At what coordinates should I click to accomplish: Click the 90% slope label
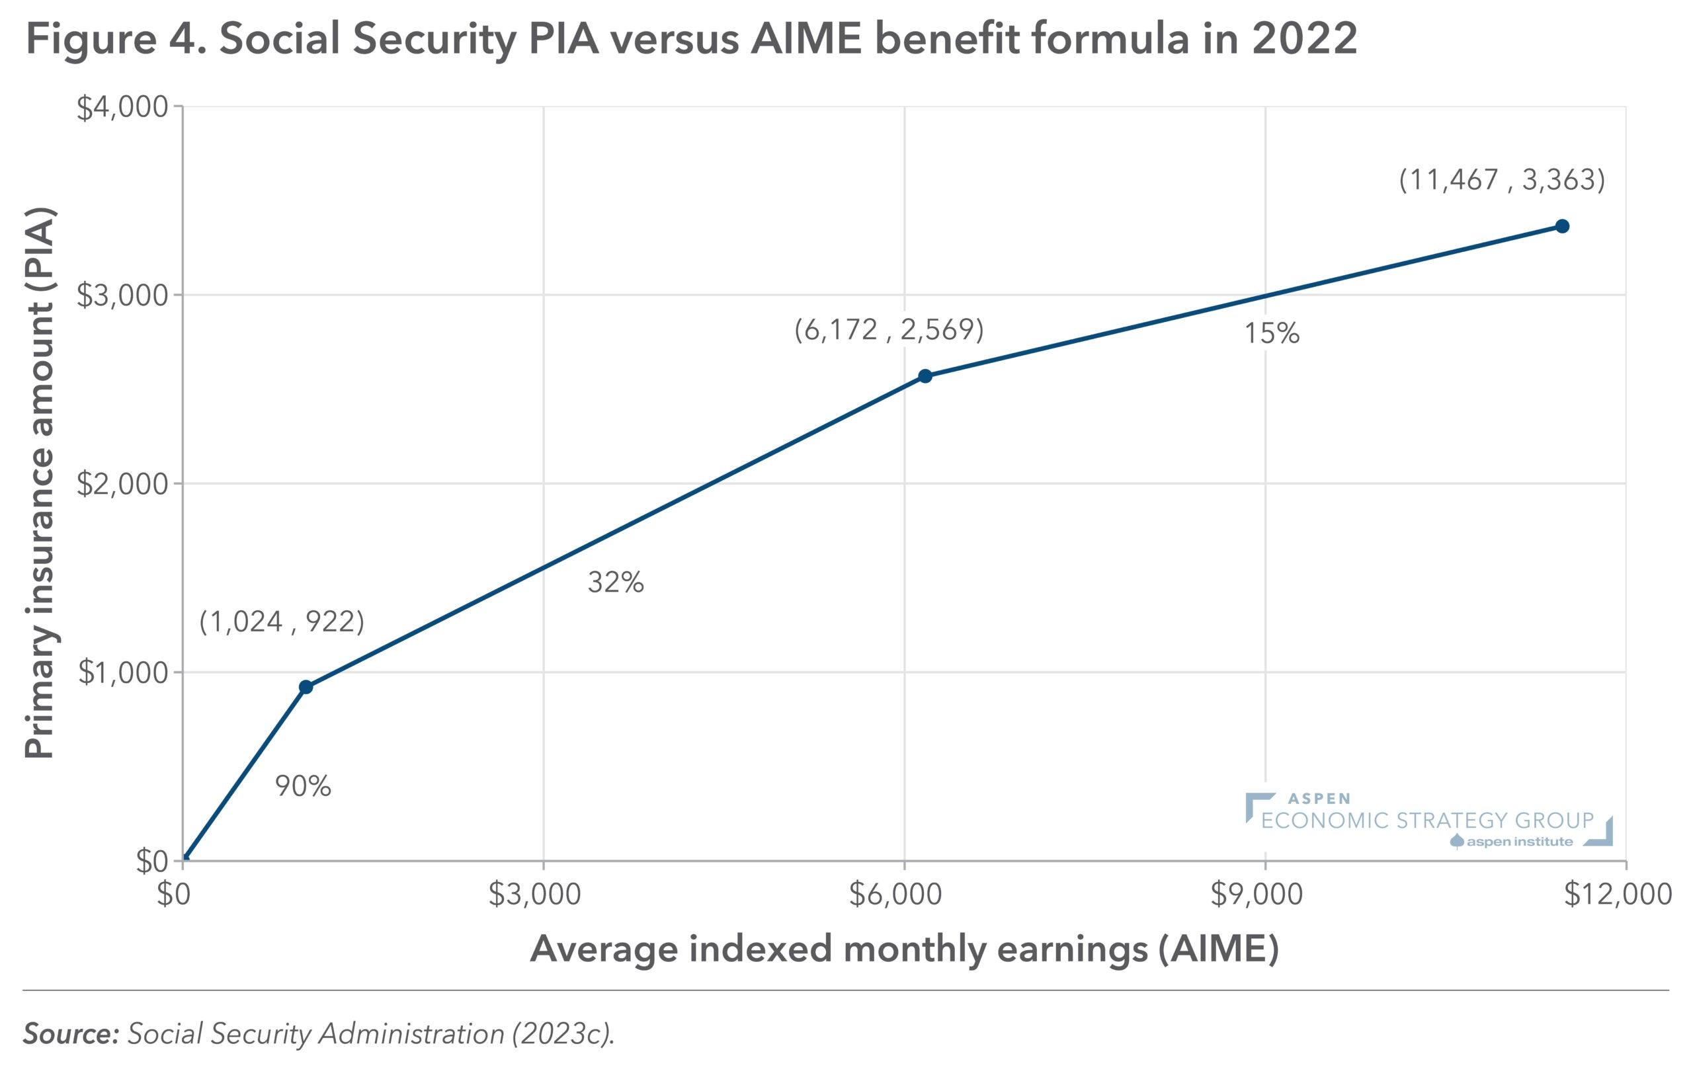[x=302, y=786]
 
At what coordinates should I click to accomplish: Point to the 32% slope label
[x=616, y=582]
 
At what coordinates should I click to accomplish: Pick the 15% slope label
[x=1272, y=333]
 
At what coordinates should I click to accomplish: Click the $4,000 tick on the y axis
[x=122, y=108]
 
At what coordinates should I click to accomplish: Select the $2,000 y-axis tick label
[x=122, y=485]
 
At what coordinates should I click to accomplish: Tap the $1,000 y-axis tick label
[x=124, y=673]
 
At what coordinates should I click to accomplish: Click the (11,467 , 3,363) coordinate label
[x=1502, y=180]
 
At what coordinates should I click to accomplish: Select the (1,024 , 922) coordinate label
[x=282, y=622]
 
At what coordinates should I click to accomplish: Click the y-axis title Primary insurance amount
[x=40, y=483]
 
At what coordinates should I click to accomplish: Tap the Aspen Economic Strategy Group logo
[x=1428, y=821]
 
